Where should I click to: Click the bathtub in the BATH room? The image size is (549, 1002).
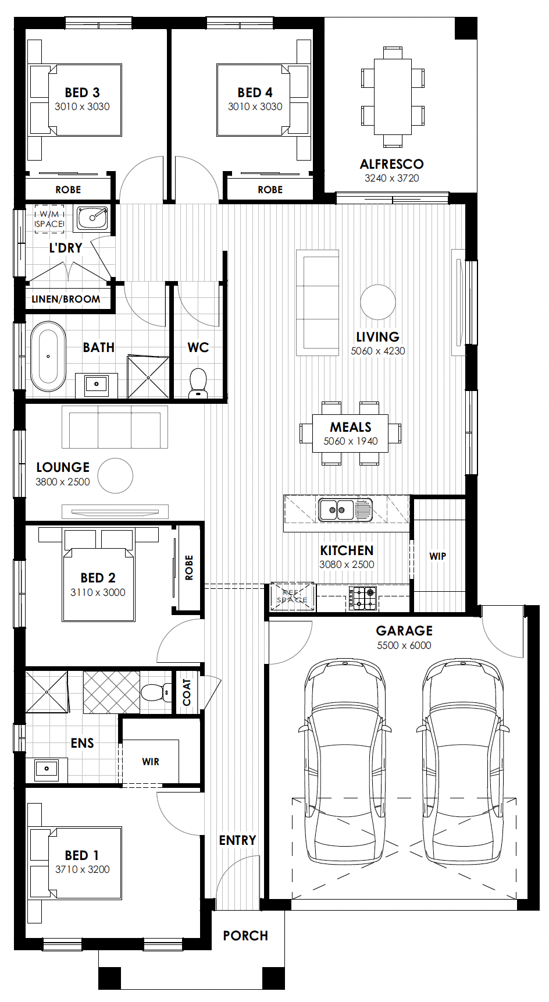click(x=48, y=356)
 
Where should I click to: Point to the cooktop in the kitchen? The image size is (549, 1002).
click(x=363, y=598)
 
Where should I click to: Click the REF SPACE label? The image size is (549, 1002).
click(x=292, y=596)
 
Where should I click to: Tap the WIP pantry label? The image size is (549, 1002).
click(x=438, y=556)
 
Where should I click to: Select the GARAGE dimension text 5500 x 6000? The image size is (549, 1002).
click(x=404, y=645)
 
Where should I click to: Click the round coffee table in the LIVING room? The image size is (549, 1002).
click(x=378, y=303)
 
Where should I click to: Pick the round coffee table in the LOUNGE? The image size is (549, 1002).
click(x=115, y=476)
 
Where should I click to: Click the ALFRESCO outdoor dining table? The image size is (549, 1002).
click(x=393, y=97)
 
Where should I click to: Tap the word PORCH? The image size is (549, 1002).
click(x=245, y=936)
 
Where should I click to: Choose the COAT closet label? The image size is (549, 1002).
click(x=187, y=692)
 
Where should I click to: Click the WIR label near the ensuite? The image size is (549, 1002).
click(x=151, y=762)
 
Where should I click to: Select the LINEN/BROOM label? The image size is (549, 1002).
click(x=66, y=299)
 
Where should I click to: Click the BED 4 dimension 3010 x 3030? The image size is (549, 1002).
click(x=255, y=106)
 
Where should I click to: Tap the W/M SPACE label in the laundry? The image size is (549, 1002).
click(x=49, y=219)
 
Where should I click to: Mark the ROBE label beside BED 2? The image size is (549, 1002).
click(x=188, y=567)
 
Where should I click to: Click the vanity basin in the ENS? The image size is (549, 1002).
click(x=47, y=769)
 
